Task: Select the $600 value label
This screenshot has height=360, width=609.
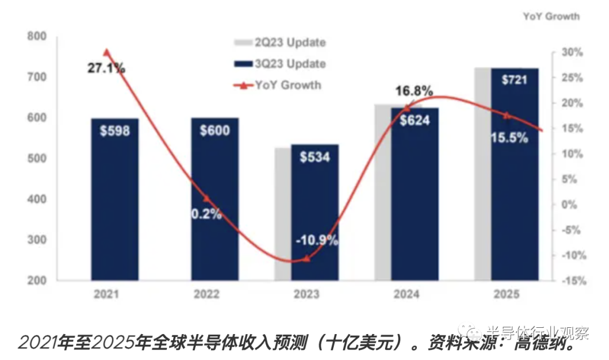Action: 214,131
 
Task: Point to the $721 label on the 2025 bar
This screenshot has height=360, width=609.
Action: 514,80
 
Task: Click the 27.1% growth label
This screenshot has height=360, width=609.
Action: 106,68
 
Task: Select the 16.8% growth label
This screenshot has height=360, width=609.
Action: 414,91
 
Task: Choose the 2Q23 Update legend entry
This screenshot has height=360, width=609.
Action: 280,43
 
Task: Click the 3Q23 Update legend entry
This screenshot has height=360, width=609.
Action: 280,64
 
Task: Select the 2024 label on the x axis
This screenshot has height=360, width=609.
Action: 406,294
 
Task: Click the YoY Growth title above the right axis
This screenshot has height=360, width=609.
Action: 551,16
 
